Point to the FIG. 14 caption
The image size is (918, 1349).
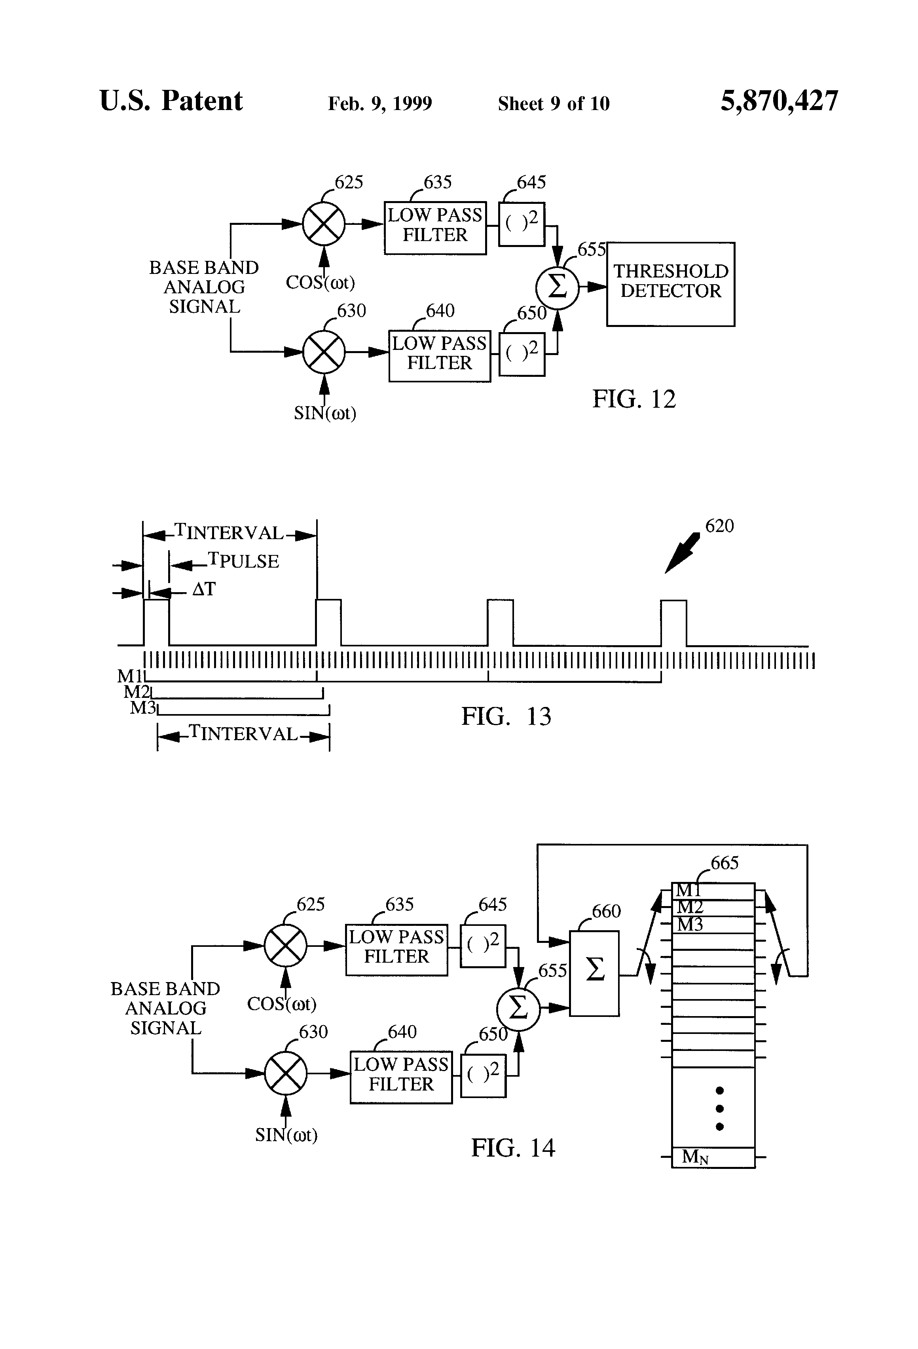point(512,1148)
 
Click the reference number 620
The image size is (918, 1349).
point(719,526)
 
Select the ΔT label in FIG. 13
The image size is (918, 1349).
point(204,590)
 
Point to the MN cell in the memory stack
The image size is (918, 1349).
point(713,1157)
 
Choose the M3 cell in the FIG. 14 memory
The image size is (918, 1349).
point(713,925)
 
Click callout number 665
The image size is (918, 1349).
point(724,863)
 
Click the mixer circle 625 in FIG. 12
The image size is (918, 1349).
point(324,224)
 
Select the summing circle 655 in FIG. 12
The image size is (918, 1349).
point(557,287)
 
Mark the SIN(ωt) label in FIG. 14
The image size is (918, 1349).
point(286,1135)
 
